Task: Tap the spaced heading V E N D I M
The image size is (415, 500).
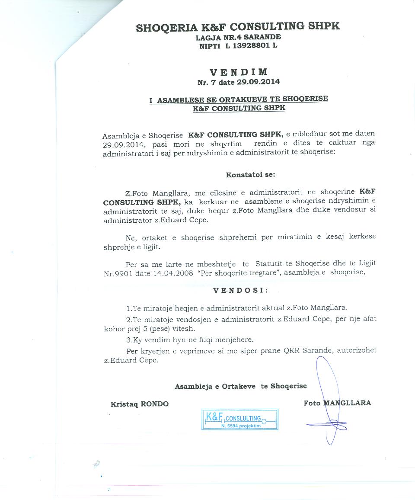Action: (239, 72)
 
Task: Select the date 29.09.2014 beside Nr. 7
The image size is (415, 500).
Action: (259, 81)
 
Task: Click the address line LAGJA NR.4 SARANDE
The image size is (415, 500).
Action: (238, 37)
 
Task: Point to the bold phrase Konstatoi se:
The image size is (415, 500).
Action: (250, 175)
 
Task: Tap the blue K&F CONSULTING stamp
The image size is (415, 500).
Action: (240, 420)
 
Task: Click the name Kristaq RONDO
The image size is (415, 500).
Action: (140, 404)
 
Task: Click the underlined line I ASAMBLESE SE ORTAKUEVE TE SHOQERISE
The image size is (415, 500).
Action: (239, 99)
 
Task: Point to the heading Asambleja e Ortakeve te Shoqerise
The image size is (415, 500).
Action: (241, 386)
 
